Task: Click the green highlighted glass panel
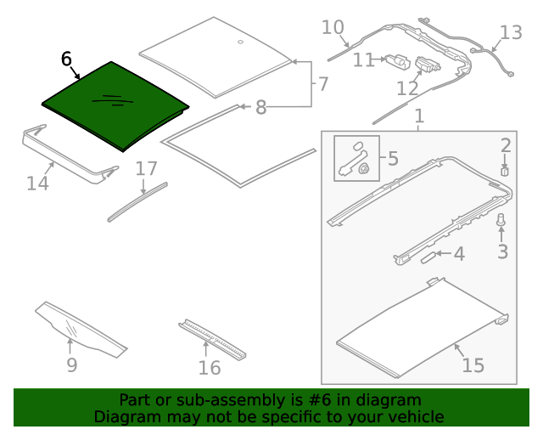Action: point(115,106)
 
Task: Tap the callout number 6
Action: point(67,59)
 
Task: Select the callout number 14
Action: point(37,182)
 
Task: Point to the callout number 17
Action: point(146,169)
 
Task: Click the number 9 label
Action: point(71,365)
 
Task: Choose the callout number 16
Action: point(209,367)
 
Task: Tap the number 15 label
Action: point(473,365)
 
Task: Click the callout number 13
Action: point(511,33)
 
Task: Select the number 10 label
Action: point(333,28)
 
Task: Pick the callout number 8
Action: point(260,107)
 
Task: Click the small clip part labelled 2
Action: point(504,170)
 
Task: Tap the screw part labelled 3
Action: point(501,222)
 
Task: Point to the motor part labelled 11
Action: point(397,60)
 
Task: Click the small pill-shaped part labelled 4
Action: point(428,254)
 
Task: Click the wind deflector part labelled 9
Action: point(81,327)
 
